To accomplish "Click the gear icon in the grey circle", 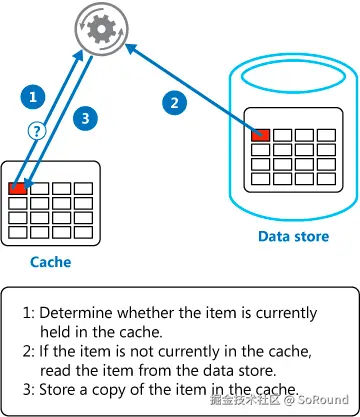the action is click(x=101, y=30).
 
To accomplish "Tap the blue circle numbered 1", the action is click(x=33, y=97).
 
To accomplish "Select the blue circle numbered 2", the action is click(x=175, y=102).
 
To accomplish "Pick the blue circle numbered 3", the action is click(x=85, y=118).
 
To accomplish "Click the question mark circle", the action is click(x=37, y=131).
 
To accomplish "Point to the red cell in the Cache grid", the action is click(x=17, y=188).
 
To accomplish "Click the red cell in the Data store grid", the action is click(x=260, y=135).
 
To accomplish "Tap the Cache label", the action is click(x=50, y=262).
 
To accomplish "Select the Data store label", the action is click(x=293, y=236).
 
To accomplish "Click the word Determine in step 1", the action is click(x=76, y=313).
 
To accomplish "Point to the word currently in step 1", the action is click(x=286, y=314).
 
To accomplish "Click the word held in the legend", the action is click(x=53, y=332).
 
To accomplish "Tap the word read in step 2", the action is click(x=52, y=370).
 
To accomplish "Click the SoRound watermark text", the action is click(x=323, y=399).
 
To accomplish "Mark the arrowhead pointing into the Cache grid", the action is click(x=28, y=183).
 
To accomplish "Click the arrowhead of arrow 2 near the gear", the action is click(x=131, y=49).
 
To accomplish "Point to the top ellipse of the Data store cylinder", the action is click(x=293, y=77).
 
